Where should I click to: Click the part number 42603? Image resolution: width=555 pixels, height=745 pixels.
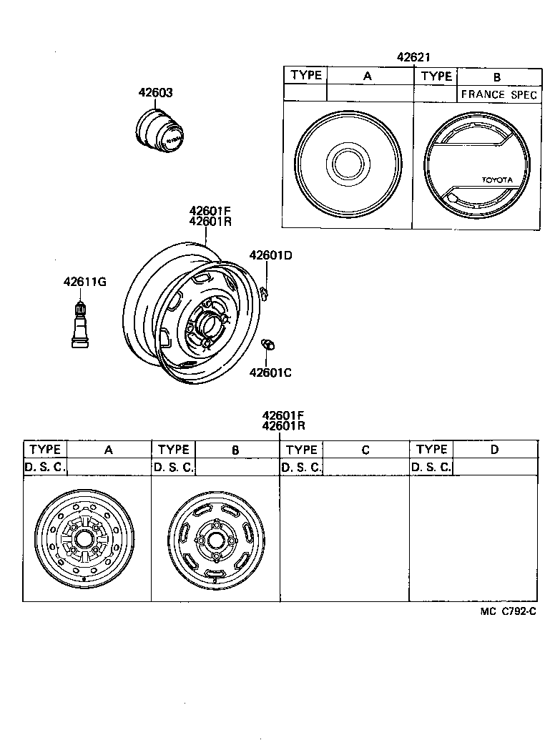[155, 93]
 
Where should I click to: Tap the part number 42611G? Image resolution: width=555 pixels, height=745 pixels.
[84, 281]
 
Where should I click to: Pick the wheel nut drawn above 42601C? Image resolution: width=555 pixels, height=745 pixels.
[269, 345]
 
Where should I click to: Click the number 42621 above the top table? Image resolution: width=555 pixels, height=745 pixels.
[413, 58]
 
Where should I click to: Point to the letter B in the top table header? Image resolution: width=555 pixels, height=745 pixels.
[497, 77]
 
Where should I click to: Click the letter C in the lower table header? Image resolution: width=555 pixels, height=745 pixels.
[365, 450]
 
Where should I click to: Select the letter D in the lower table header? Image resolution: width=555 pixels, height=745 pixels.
[495, 450]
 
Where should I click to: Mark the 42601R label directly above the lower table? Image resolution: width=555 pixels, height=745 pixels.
[284, 426]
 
